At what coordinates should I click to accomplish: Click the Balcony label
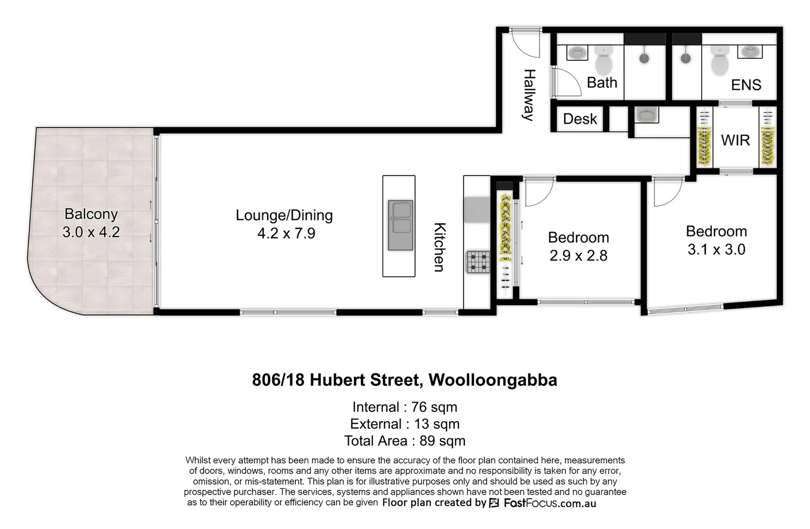point(91,214)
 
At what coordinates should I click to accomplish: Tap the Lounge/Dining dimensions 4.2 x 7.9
point(286,233)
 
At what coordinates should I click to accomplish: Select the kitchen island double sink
point(401,225)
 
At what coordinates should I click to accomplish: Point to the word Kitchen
point(439,247)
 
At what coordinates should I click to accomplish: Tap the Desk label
point(580,119)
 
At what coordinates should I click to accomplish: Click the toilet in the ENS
point(719,61)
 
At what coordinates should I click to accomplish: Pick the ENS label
point(746,85)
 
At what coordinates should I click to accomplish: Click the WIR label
point(735,141)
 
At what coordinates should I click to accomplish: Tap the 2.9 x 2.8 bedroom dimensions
point(578,256)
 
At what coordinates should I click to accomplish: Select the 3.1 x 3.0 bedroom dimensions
point(716,249)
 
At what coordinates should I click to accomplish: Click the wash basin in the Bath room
point(577,52)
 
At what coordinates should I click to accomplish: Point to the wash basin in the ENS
point(749,51)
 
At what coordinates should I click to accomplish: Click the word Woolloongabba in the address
point(493,380)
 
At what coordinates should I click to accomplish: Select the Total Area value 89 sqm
point(442,441)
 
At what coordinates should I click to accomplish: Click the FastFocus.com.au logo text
point(549,503)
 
